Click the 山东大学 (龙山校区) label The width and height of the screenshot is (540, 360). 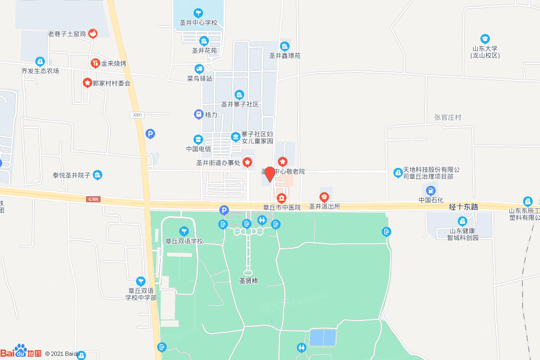pyautogui.click(x=485, y=52)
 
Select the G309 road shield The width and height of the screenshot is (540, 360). pyautogui.click(x=94, y=199)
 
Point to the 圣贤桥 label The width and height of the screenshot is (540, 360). pyautogui.click(x=245, y=281)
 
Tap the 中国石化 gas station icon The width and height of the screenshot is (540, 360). pyautogui.click(x=431, y=190)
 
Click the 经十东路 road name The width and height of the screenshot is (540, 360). pyautogui.click(x=464, y=207)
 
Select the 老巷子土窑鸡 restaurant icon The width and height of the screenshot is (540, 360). pyautogui.click(x=93, y=34)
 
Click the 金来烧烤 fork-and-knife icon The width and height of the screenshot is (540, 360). pyautogui.click(x=95, y=63)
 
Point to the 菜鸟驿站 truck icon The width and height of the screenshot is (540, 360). pyautogui.click(x=199, y=69)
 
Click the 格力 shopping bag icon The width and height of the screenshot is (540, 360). pyautogui.click(x=198, y=114)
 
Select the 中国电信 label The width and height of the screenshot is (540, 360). pyautogui.click(x=198, y=149)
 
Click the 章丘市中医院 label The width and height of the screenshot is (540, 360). pyautogui.click(x=282, y=207)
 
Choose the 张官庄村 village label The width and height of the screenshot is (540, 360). pyautogui.click(x=447, y=118)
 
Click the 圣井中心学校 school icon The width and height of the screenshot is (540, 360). pyautogui.click(x=198, y=13)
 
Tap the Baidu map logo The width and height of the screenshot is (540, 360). pyautogui.click(x=21, y=352)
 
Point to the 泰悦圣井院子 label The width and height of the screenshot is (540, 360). pyautogui.click(x=72, y=175)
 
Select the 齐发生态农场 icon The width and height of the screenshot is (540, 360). pyautogui.click(x=40, y=62)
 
